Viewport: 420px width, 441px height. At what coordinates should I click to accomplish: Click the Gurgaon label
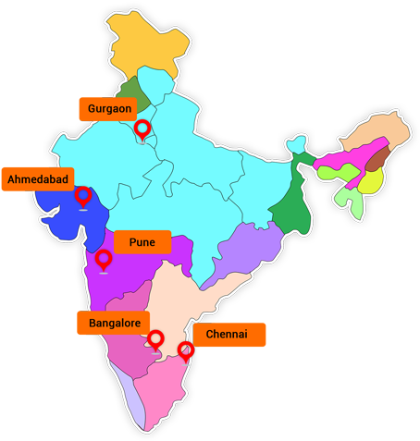[x=107, y=108]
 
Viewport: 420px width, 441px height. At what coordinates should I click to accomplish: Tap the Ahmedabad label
[x=35, y=178]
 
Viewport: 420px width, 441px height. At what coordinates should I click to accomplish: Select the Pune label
[x=142, y=242]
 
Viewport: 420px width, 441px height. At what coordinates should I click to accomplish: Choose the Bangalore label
[x=115, y=323]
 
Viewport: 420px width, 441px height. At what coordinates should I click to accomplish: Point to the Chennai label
[x=228, y=334]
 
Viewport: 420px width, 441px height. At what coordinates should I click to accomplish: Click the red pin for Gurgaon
[x=142, y=129]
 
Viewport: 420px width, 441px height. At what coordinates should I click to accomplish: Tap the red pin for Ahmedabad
[x=83, y=195]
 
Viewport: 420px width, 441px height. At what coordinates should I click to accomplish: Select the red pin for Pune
[x=104, y=259]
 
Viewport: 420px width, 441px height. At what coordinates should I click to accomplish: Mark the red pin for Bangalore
[x=155, y=339]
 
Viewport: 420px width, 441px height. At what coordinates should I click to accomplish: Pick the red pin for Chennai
[x=185, y=349]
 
